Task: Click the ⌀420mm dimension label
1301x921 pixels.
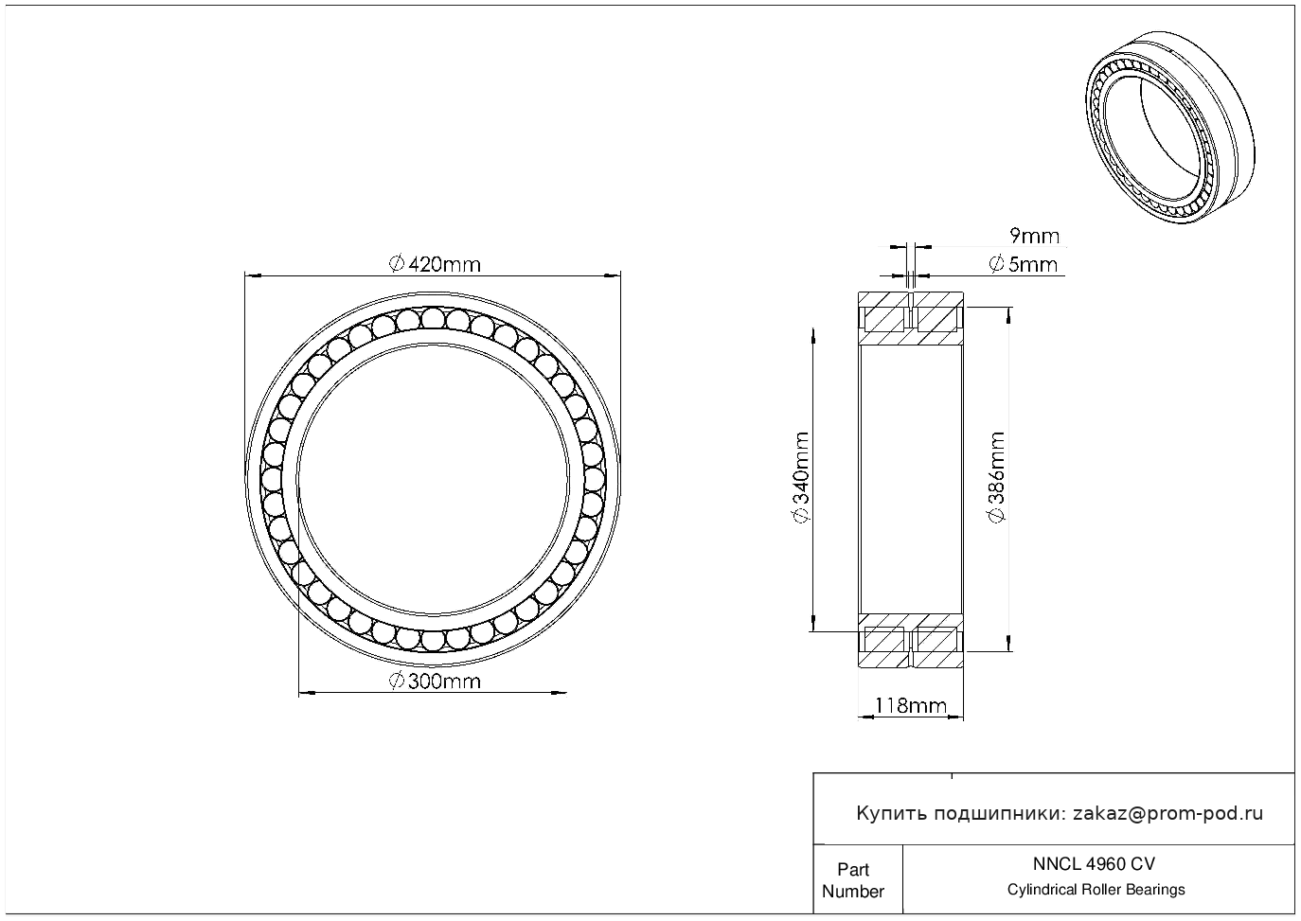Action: click(435, 265)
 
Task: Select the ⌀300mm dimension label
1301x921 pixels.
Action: click(435, 682)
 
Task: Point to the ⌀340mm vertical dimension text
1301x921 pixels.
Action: click(801, 477)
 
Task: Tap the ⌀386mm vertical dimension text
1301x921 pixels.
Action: click(997, 477)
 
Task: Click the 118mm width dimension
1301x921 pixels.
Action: click(911, 705)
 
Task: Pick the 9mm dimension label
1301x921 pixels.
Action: click(1034, 237)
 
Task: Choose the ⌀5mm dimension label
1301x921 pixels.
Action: click(1023, 265)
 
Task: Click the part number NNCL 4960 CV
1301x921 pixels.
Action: click(1095, 864)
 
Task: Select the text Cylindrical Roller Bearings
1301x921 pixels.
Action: click(1096, 890)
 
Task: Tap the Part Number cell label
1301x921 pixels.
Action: click(852, 880)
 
